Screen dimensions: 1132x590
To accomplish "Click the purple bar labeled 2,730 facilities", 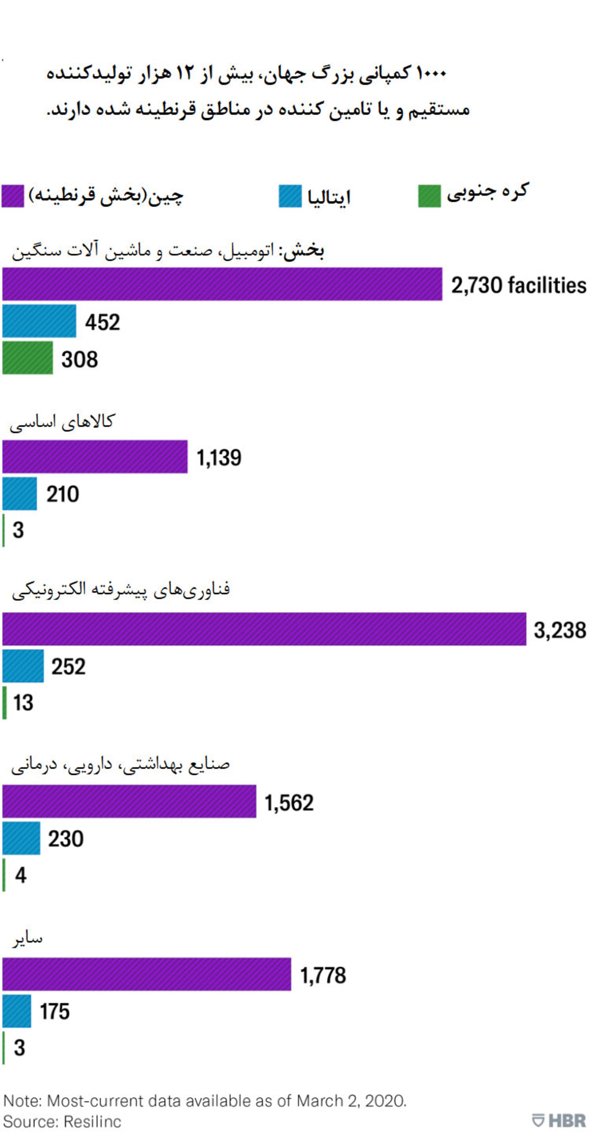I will click(222, 284).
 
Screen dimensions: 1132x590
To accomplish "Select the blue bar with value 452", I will click(39, 321).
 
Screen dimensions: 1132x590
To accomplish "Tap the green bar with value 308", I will click(28, 358).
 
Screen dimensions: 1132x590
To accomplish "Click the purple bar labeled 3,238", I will click(264, 629).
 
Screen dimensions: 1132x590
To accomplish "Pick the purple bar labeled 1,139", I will click(95, 457).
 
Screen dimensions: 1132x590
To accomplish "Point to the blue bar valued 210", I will click(20, 494).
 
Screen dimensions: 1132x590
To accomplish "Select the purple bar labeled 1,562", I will click(129, 801).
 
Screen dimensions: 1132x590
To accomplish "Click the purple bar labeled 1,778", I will click(146, 974).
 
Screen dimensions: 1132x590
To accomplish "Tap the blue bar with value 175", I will click(17, 1011).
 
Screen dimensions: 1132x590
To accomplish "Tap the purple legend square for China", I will click(13, 196).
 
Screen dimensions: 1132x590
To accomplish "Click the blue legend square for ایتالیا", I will click(290, 196).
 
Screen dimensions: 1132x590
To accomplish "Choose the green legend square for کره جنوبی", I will click(429, 196).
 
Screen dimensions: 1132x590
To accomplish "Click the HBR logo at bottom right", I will click(559, 1120).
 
